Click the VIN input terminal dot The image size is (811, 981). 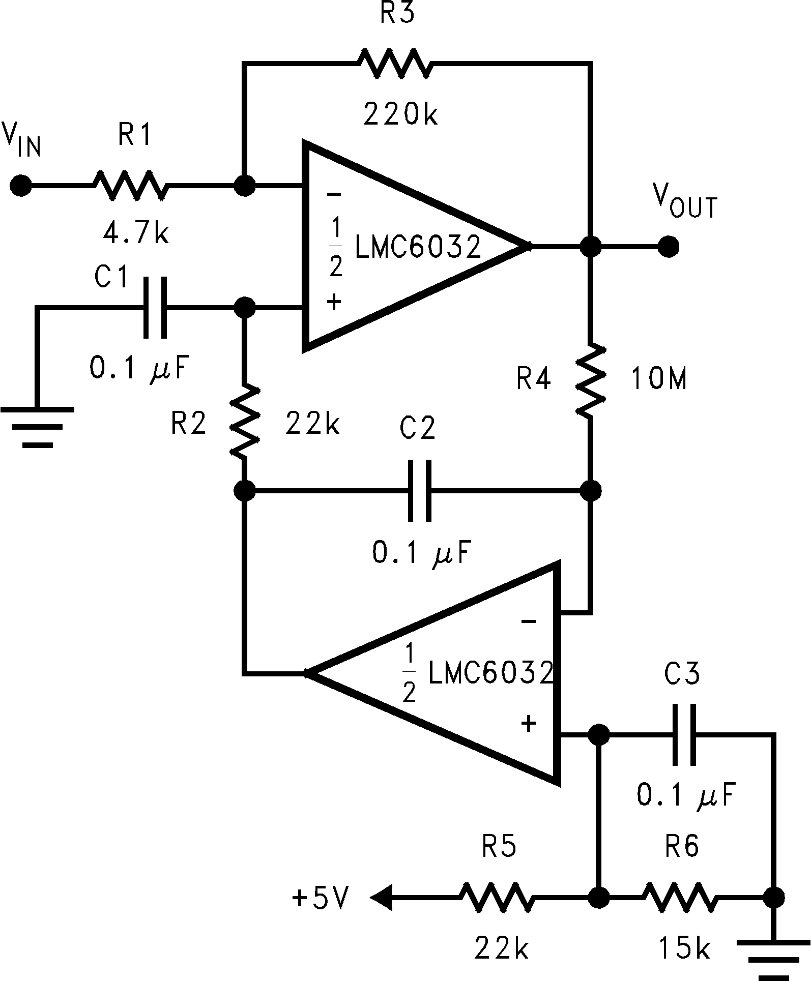pyautogui.click(x=21, y=186)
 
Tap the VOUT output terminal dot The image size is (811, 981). pyautogui.click(x=668, y=247)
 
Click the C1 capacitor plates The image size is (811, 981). pyautogui.click(x=155, y=308)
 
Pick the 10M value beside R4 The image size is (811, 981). pyautogui.click(x=659, y=379)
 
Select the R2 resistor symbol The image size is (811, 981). pyautogui.click(x=245, y=420)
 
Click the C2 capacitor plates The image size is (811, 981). pyautogui.click(x=420, y=491)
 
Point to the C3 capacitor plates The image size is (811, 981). pyautogui.click(x=684, y=734)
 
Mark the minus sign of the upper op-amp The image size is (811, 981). pyautogui.click(x=334, y=194)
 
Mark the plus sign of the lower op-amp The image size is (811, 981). pyautogui.click(x=529, y=723)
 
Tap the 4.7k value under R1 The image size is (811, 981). pyautogui.click(x=135, y=234)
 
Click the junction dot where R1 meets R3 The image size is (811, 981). pyautogui.click(x=245, y=186)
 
